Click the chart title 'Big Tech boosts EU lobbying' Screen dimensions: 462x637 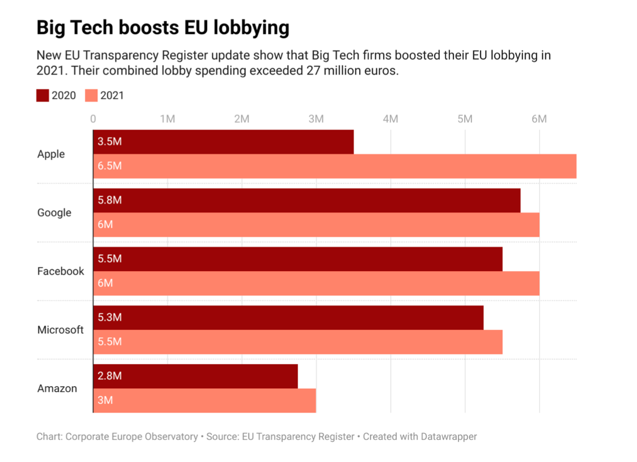coord(162,28)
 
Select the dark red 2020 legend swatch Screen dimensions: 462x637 coord(43,95)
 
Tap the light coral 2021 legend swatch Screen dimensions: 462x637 coord(91,95)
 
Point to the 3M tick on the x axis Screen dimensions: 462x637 coord(316,119)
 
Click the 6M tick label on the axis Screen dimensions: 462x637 coord(539,119)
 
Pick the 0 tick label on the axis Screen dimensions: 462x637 coord(93,119)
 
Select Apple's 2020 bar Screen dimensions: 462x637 coord(224,142)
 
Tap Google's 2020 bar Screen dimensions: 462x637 coord(307,200)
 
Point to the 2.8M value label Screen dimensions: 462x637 coord(110,376)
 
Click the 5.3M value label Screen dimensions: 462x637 coord(110,317)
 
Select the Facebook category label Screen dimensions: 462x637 coord(60,271)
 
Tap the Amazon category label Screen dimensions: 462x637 coord(57,388)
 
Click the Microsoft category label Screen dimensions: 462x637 coord(60,330)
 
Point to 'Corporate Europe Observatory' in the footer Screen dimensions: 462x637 coord(132,437)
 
